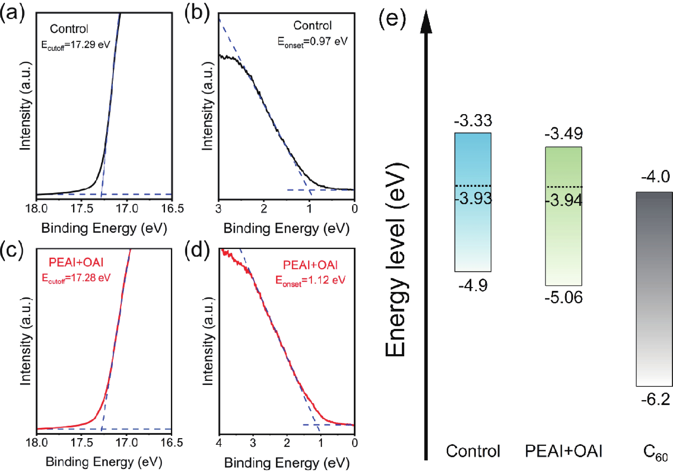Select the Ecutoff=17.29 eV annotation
[x=76, y=45]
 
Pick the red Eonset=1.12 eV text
[x=310, y=281]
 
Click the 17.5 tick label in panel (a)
[x=82, y=209]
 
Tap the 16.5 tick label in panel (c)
[x=172, y=442]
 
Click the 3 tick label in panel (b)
[x=218, y=209]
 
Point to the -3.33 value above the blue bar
[x=473, y=121]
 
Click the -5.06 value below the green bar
[x=563, y=298]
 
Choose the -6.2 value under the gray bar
[x=655, y=399]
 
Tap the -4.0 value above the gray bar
[x=655, y=177]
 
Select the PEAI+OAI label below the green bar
[x=563, y=451]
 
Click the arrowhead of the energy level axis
[x=426, y=22]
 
